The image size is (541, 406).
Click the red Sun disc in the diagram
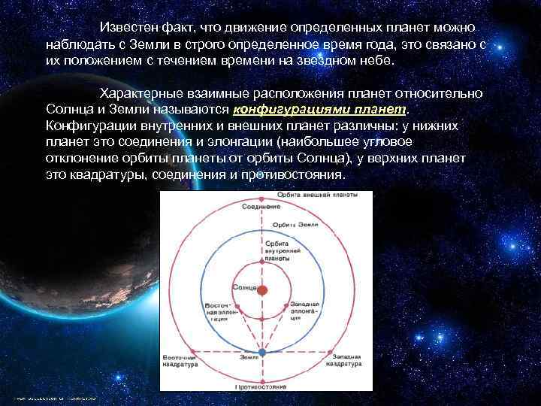click(261, 289)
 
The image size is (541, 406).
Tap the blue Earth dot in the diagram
click(261, 351)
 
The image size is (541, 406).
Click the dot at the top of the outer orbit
click(261, 198)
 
